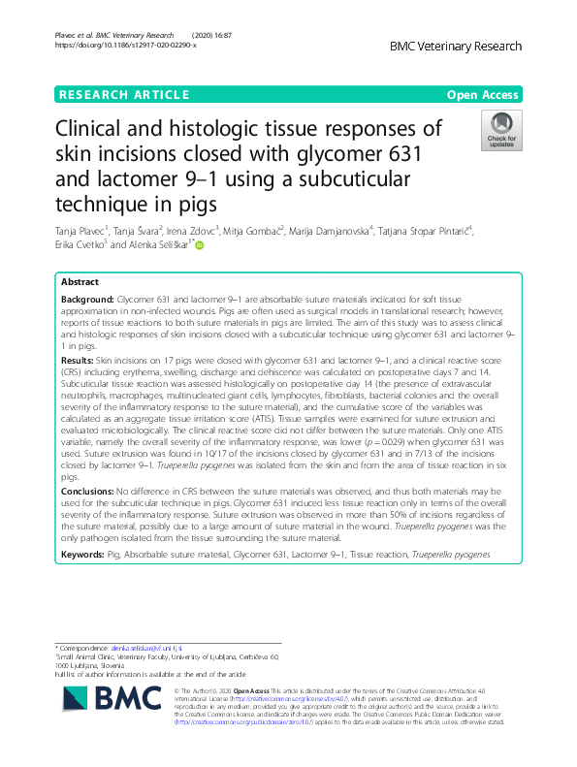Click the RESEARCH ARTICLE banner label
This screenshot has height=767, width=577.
click(123, 95)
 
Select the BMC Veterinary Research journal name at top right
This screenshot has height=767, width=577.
click(455, 46)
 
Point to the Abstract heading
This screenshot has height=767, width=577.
click(80, 282)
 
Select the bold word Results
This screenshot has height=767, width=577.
click(80, 359)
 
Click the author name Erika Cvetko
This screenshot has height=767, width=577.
click(86, 246)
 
